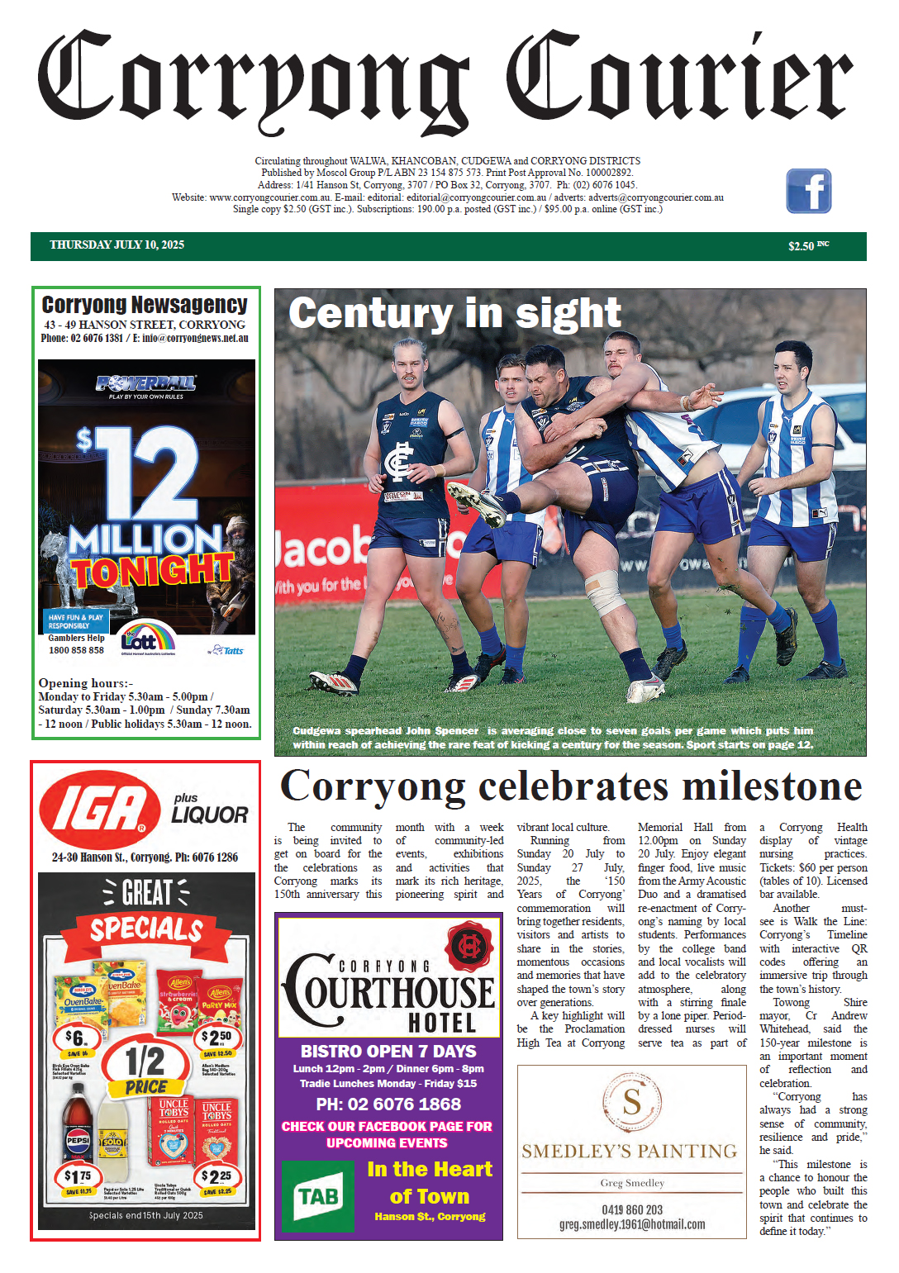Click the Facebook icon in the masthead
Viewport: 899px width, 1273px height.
pos(808,191)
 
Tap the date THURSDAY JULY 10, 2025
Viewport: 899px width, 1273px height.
pos(117,245)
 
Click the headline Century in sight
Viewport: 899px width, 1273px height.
pos(454,314)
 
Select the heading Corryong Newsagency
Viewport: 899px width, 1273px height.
pos(145,305)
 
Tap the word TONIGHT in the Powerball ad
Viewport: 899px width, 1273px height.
pos(152,571)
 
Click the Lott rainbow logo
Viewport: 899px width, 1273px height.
pos(147,639)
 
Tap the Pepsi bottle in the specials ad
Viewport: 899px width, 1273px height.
pos(78,1131)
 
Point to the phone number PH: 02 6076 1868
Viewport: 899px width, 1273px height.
pos(388,1104)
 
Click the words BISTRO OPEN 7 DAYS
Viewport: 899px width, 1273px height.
pos(388,1052)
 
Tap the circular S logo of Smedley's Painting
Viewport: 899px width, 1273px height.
pos(632,1102)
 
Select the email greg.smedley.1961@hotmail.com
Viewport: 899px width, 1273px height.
pos(632,1225)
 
